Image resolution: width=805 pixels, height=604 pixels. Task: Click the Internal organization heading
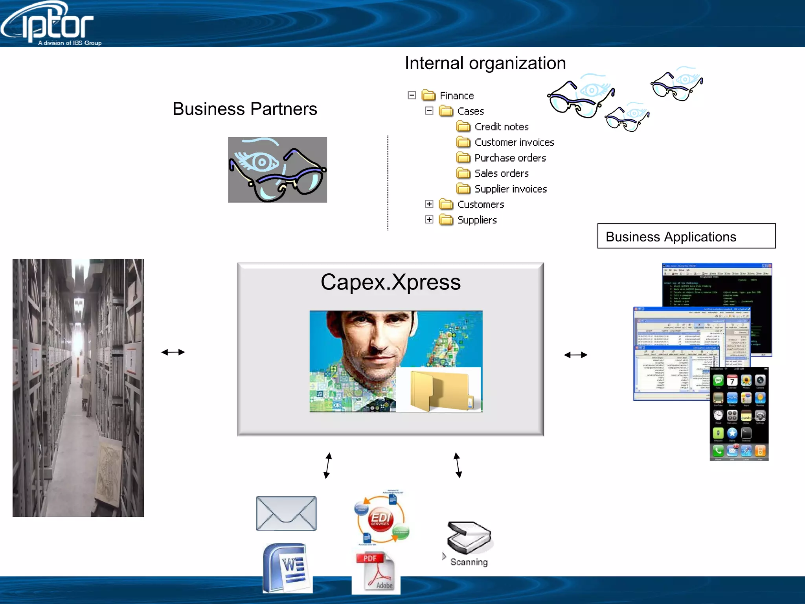point(485,63)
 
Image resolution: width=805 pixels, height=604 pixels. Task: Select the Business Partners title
point(244,109)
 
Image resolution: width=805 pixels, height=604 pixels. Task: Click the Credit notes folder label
point(501,127)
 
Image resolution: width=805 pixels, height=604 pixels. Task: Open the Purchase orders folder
point(510,158)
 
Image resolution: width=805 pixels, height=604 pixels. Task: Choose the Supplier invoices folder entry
point(510,189)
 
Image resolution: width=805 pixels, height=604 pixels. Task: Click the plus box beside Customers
point(429,204)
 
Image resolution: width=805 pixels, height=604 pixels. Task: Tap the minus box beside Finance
point(412,95)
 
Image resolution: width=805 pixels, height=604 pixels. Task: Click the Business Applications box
point(686,236)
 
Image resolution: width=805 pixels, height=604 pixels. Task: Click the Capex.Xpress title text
point(390,282)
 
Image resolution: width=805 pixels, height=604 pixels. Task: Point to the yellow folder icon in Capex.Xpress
point(439,390)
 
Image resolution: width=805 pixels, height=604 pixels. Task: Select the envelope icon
point(286,513)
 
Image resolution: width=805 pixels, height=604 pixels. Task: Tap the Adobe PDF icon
point(376,572)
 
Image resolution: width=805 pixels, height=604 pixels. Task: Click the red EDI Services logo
point(380,519)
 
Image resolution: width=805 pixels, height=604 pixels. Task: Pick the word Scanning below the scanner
point(469,562)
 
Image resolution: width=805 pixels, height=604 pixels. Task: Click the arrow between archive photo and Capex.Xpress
point(173,352)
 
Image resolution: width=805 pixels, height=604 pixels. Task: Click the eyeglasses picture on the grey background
point(278,170)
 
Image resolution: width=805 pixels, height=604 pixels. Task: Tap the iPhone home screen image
point(739,414)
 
